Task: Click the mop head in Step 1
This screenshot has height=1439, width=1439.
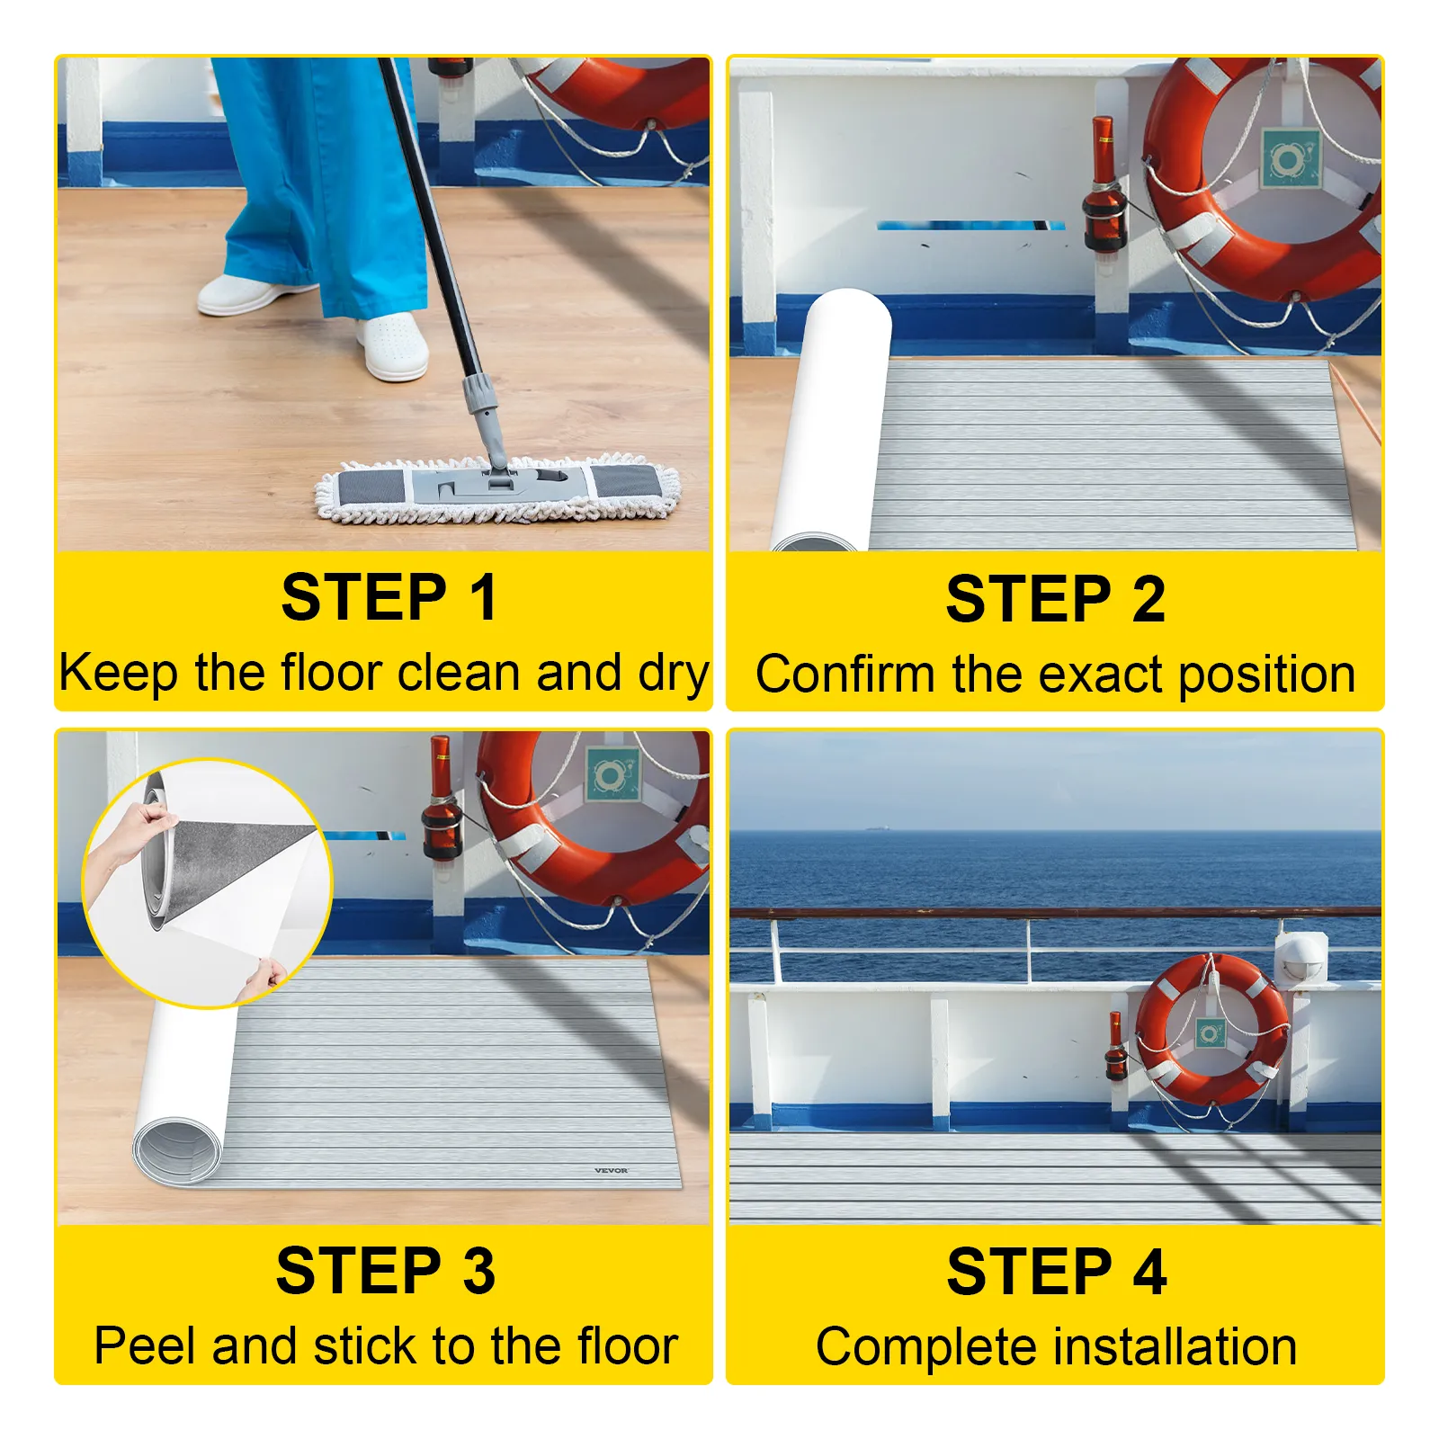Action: pos(497,491)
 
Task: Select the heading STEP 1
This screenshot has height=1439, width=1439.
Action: pos(389,597)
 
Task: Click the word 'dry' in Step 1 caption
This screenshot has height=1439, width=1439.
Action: pos(674,673)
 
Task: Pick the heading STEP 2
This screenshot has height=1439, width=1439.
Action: pos(1055,599)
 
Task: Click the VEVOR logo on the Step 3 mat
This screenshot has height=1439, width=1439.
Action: pos(611,1170)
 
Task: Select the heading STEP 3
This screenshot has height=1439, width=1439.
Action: pos(386,1271)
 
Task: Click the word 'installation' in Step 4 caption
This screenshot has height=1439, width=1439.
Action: pos(1175,1347)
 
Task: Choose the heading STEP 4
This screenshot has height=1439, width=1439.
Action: pos(1056,1272)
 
